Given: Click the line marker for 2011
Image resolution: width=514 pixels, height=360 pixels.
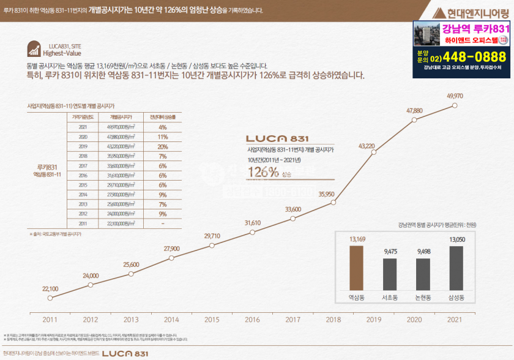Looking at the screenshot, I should click(x=50, y=298).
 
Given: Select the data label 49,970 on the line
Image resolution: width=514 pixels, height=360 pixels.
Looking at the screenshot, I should click(x=455, y=96).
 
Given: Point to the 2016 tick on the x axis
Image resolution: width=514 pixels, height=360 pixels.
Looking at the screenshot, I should click(x=252, y=320).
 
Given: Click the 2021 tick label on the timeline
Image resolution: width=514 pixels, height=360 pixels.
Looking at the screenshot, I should click(x=455, y=320).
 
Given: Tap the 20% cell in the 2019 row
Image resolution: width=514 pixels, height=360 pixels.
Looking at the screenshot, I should click(x=163, y=147).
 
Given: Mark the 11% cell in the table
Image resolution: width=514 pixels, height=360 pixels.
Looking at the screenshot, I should click(x=163, y=137).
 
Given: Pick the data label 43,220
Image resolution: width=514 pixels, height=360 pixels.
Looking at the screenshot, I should click(x=366, y=146).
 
